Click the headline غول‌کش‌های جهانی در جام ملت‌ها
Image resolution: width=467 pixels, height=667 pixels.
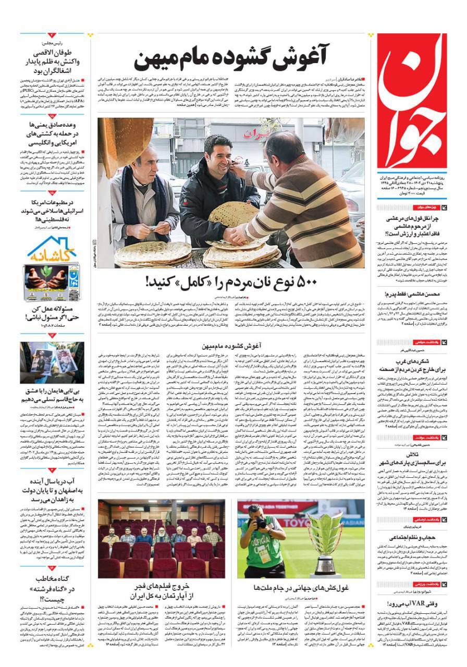(301, 587)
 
